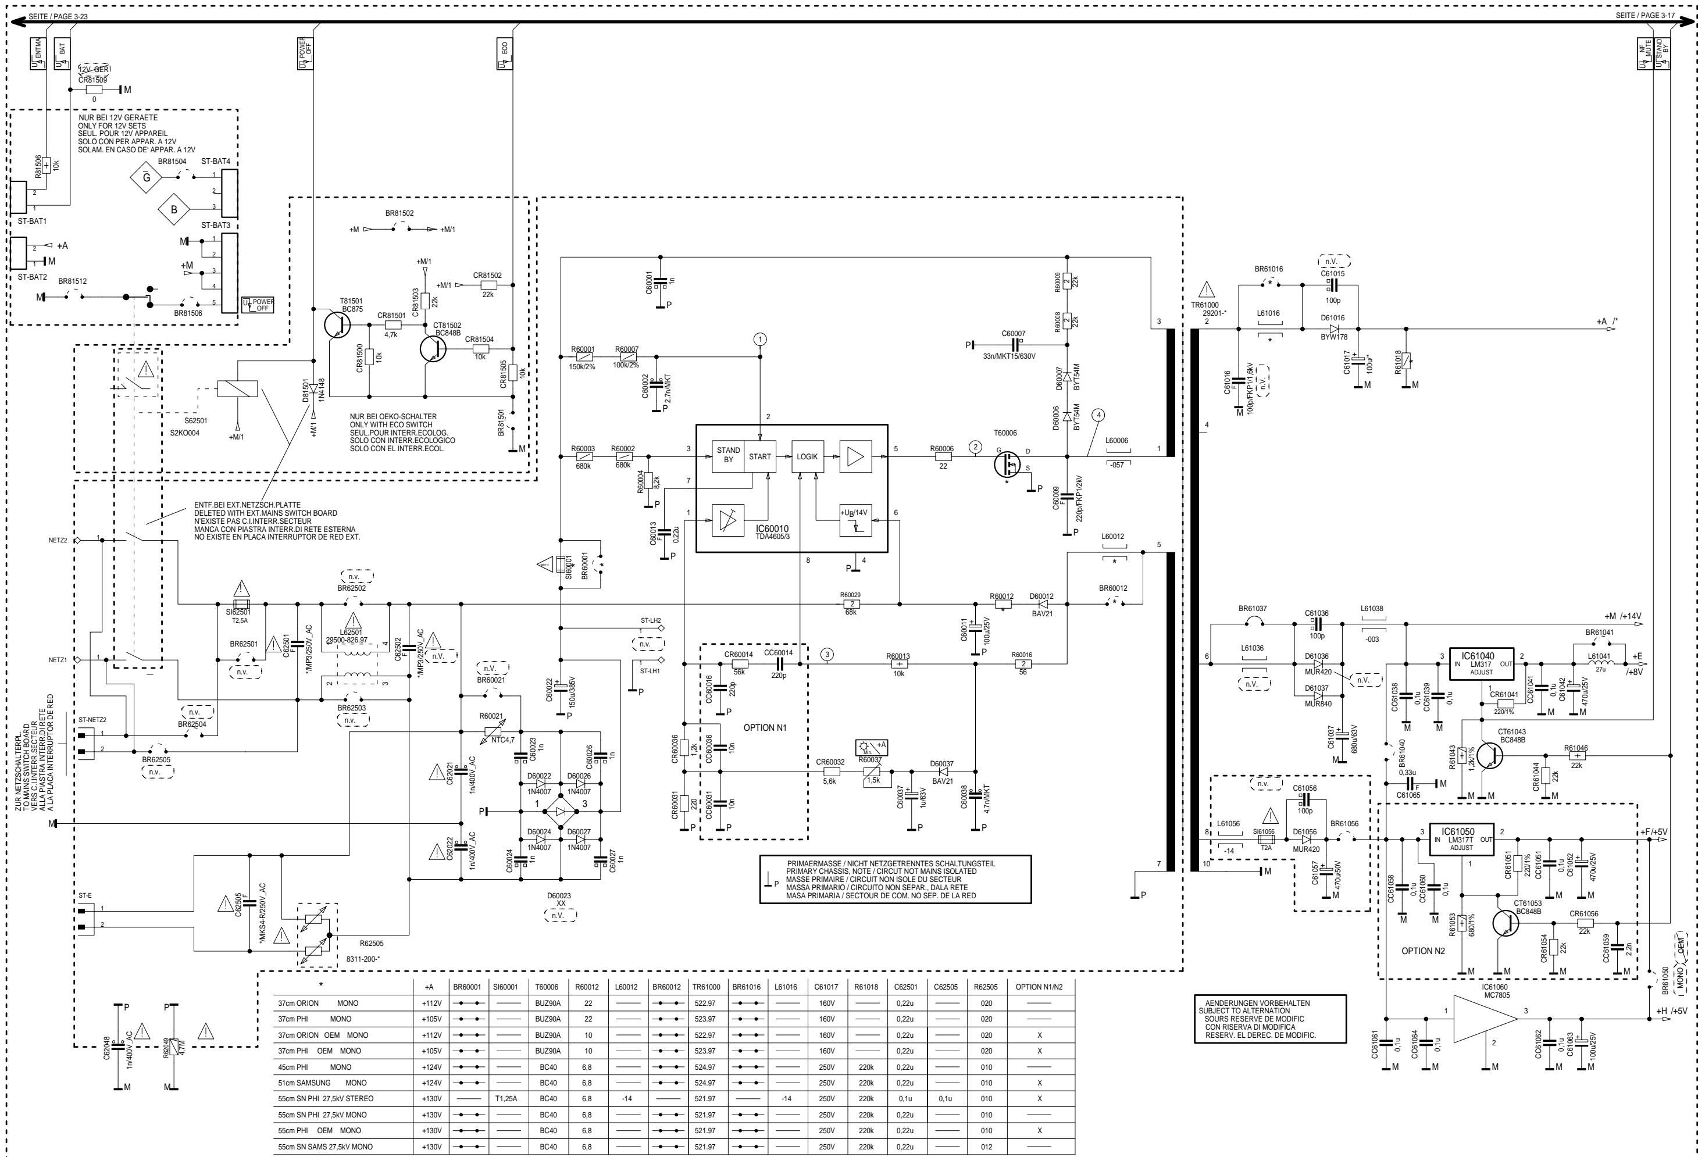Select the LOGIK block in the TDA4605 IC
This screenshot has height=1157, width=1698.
807,456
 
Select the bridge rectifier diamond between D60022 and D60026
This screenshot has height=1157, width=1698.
561,812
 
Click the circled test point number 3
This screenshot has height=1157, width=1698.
826,655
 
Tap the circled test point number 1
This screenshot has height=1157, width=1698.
761,339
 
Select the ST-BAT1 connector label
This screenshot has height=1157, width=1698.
32,220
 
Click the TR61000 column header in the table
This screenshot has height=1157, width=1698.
706,987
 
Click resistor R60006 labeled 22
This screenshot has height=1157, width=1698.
942,457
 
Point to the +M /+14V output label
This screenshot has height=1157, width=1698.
1622,616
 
